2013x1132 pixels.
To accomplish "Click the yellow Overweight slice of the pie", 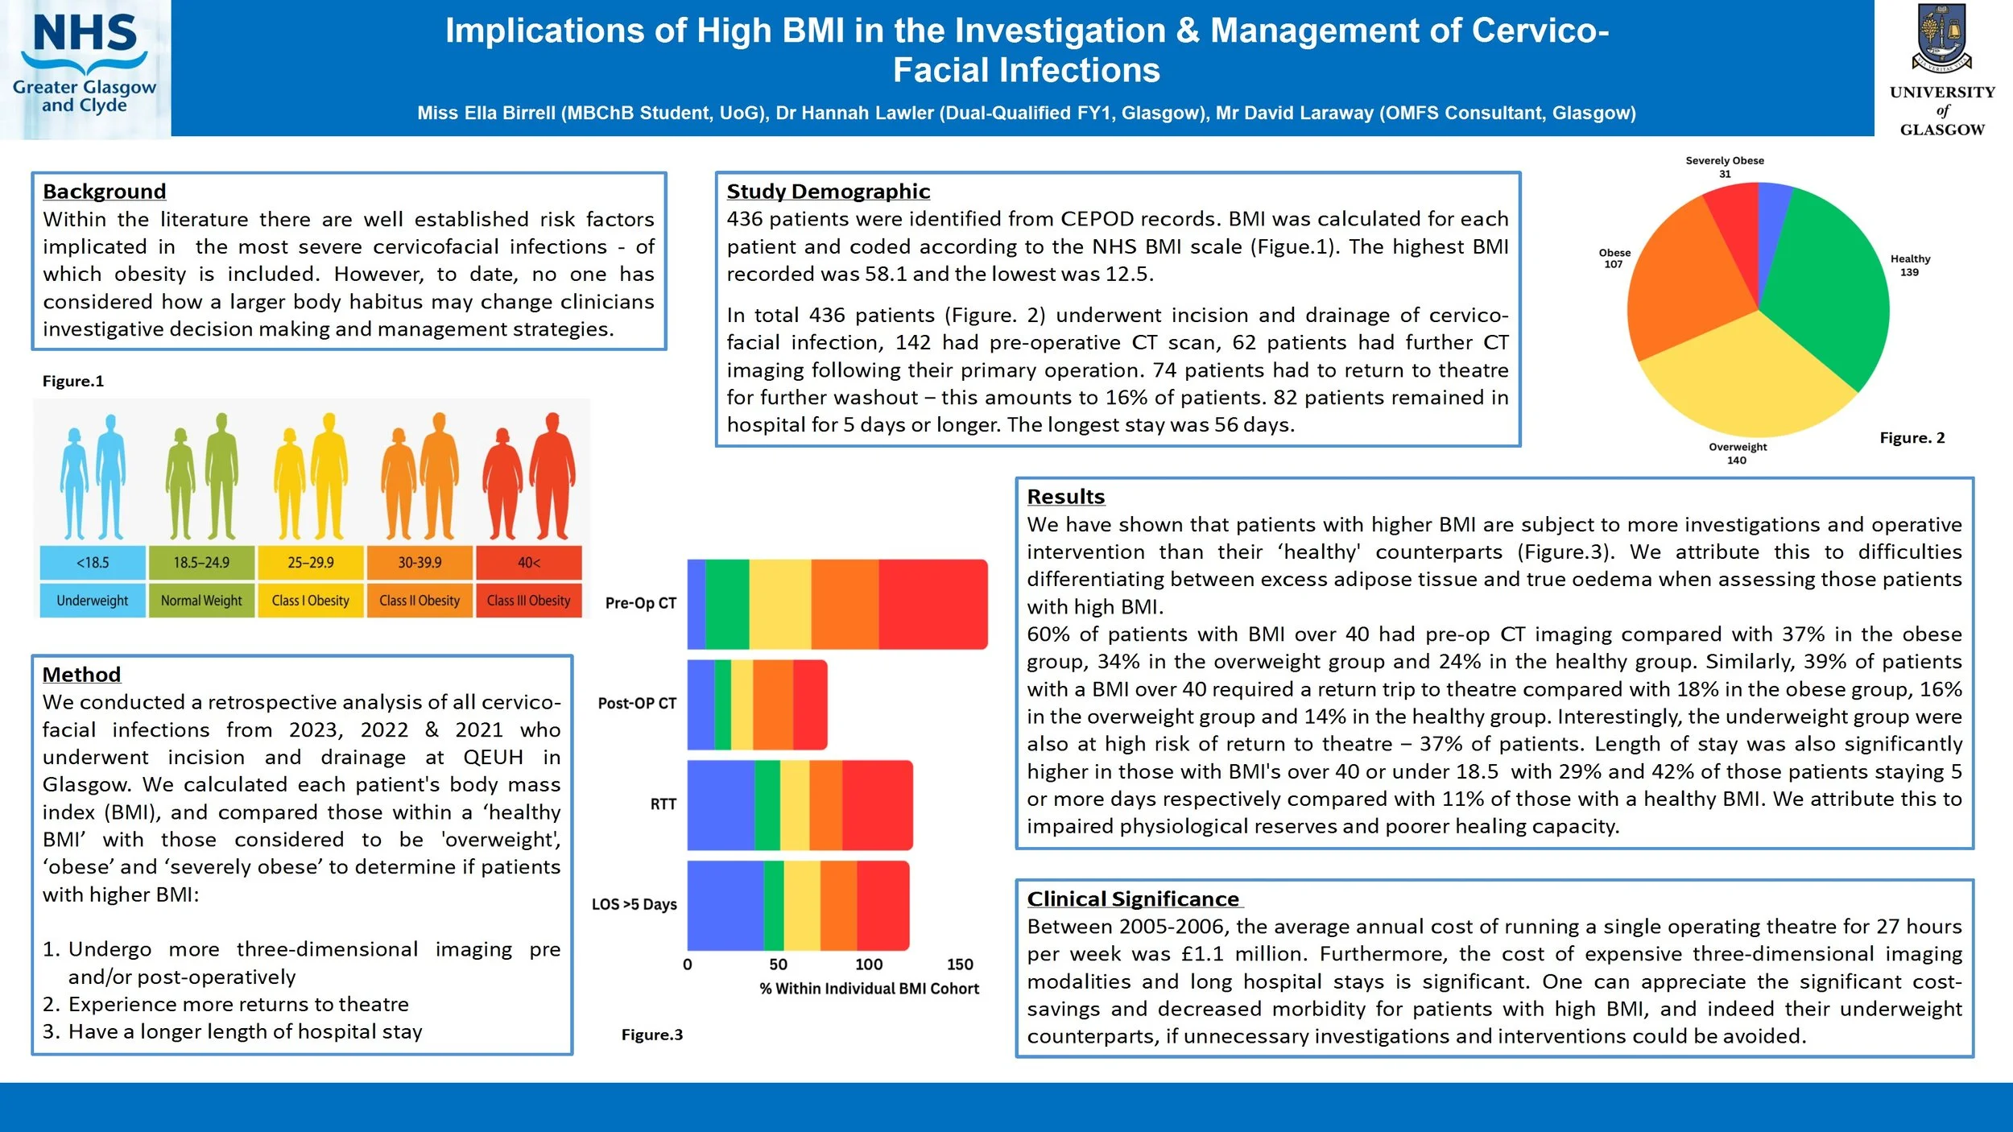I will click(1747, 378).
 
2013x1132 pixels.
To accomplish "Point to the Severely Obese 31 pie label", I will click(1725, 167).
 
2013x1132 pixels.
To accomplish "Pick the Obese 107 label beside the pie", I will click(1614, 258).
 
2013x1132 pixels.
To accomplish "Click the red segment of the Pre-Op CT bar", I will click(932, 604).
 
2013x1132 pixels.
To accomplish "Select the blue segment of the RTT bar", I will click(721, 805).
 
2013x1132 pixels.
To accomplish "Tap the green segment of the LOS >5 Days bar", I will click(773, 906).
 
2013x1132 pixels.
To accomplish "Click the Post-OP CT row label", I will click(637, 703).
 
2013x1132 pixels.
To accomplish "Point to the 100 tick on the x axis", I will click(868, 965).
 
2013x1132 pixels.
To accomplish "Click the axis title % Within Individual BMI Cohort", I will click(869, 989).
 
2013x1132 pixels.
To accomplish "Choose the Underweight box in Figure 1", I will click(93, 601).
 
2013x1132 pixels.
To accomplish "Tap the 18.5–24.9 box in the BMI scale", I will click(201, 563).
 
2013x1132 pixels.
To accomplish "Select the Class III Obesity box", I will click(528, 601).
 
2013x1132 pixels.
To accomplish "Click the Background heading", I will click(104, 192).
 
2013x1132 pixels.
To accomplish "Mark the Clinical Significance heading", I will click(1134, 899).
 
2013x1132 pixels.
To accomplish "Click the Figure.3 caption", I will click(651, 1035).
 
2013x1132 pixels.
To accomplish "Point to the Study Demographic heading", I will click(828, 192).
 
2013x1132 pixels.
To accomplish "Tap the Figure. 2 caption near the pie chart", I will click(1912, 438).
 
